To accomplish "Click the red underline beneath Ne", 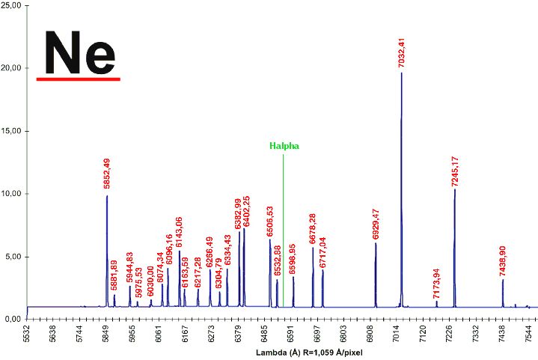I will click(78, 78).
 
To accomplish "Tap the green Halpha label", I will click(284, 146).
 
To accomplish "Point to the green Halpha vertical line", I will click(283, 225).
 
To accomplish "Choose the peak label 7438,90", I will click(503, 261).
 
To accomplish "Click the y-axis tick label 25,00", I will click(12, 6).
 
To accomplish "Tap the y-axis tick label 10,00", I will click(12, 194).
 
